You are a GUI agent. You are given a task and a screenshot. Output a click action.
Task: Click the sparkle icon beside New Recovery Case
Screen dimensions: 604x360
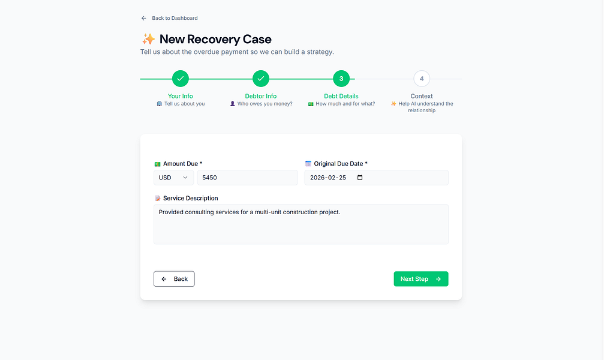tap(148, 39)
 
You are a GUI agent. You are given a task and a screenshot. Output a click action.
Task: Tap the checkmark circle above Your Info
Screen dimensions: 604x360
tap(181, 79)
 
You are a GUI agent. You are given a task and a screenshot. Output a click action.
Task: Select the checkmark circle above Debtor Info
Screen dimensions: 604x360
tap(261, 79)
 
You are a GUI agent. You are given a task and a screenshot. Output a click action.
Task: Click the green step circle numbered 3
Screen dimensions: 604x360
tap(341, 79)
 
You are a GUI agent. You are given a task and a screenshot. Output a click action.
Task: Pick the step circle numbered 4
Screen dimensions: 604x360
tap(422, 79)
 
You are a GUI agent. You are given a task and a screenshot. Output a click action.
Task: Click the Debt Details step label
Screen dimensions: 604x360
tap(341, 96)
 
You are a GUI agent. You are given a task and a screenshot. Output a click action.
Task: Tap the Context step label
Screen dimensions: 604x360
tap(422, 96)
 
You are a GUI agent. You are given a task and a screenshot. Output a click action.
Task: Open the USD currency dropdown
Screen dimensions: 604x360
tap(174, 178)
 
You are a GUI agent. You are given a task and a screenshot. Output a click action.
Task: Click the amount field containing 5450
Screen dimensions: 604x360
tap(247, 178)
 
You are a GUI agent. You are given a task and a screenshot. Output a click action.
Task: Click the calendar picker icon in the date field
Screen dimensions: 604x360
tap(360, 178)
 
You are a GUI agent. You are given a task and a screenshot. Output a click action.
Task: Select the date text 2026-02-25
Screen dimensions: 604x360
tap(328, 178)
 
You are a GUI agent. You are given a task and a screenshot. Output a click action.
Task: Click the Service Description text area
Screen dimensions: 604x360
tap(301, 224)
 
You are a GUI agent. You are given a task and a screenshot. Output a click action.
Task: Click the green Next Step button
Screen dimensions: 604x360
tap(421, 278)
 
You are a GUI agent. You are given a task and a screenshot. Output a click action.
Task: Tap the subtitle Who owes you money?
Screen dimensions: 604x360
tap(265, 104)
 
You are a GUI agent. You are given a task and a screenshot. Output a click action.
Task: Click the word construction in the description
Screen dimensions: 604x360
tap(300, 212)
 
